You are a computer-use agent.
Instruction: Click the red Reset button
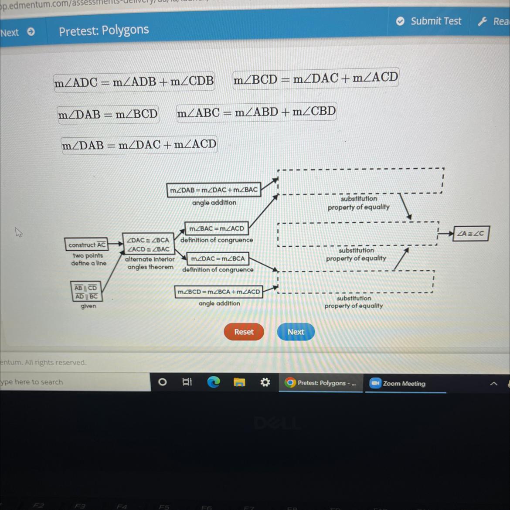tap(244, 332)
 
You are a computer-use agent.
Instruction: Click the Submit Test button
tap(429, 21)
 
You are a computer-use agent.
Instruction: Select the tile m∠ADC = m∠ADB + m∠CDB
tap(134, 82)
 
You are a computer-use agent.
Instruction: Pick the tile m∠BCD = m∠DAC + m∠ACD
tap(316, 78)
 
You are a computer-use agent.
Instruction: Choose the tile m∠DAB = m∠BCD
tap(108, 114)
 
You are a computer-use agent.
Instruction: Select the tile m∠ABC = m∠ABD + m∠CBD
tap(256, 112)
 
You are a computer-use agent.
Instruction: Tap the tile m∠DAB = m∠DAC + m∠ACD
tap(139, 145)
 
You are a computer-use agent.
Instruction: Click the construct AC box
tap(87, 245)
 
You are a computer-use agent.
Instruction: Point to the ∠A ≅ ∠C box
tap(471, 233)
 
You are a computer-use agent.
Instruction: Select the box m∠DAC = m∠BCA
tap(218, 258)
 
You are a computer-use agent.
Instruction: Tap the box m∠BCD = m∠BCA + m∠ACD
tap(219, 292)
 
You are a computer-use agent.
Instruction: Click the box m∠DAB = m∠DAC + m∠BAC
tap(214, 190)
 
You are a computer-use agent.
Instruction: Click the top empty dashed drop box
tap(360, 181)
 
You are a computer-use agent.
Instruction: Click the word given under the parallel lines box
tap(88, 306)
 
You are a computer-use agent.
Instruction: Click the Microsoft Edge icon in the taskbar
tap(213, 382)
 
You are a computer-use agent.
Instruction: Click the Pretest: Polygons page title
tap(104, 31)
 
